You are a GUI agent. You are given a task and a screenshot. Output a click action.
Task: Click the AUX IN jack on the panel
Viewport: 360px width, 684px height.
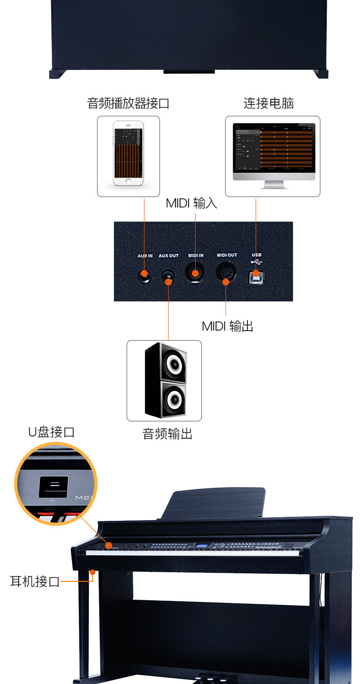(x=144, y=275)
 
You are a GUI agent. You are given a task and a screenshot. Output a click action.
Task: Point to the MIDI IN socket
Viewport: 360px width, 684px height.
(x=195, y=273)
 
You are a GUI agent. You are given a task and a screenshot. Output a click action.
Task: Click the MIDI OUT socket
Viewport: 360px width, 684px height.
(x=226, y=274)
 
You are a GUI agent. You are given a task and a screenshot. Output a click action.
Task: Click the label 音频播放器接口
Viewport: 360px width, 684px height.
(x=128, y=104)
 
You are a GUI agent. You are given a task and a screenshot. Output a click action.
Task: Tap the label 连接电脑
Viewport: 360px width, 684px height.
(x=268, y=104)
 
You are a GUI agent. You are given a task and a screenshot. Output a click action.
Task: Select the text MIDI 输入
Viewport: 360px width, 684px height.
(x=191, y=203)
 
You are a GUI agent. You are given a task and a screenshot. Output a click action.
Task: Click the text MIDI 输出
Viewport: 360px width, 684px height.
(x=227, y=326)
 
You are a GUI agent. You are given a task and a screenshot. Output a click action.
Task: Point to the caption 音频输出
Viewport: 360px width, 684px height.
(x=168, y=434)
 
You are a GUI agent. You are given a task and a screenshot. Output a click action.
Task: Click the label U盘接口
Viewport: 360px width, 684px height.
(x=51, y=432)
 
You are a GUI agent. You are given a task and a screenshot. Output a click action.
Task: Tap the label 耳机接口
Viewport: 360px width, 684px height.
(x=35, y=582)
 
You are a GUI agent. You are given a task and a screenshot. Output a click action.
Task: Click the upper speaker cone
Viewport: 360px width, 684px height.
(x=174, y=363)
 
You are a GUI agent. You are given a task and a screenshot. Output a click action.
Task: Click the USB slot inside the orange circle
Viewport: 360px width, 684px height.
(x=53, y=487)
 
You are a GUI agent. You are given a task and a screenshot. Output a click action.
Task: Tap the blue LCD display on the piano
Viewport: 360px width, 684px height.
(x=203, y=546)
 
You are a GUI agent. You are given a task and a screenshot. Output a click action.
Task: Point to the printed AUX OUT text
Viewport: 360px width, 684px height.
(x=169, y=256)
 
